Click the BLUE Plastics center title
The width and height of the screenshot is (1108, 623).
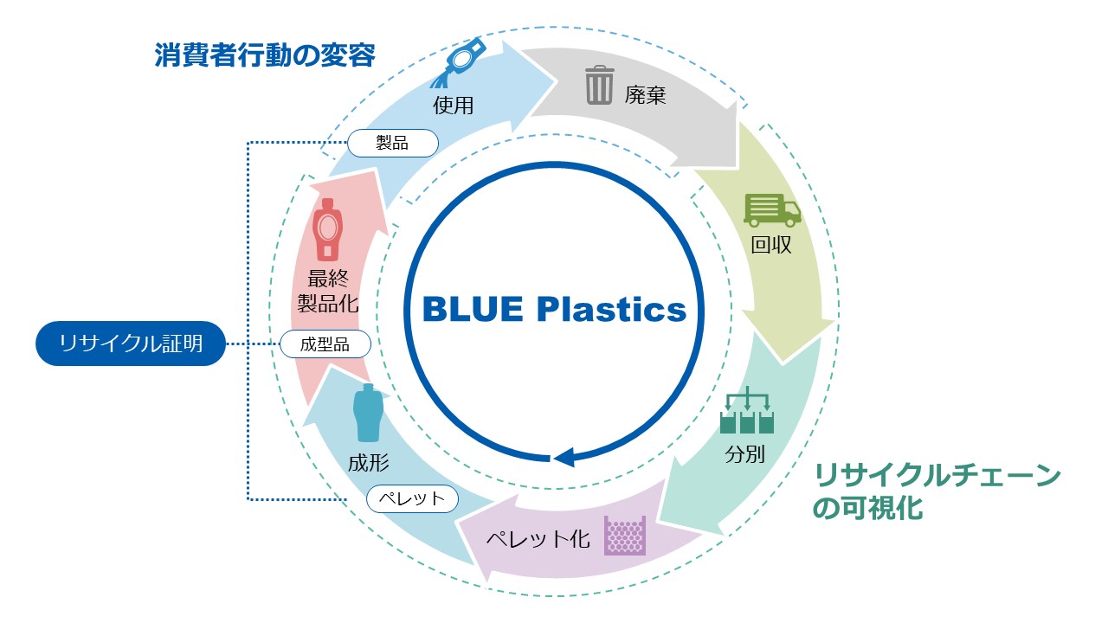coord(554,309)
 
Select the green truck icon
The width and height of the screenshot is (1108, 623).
coord(771,210)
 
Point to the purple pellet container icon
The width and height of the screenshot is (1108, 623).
coord(625,536)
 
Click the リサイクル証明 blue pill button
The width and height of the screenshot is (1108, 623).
coord(131,344)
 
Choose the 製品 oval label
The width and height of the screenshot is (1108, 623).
coord(392,143)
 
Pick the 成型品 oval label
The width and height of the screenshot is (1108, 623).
coord(325,344)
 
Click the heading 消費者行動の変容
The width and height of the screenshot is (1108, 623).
coord(265,56)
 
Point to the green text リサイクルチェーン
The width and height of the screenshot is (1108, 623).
coord(937,477)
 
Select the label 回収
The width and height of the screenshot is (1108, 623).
coord(771,245)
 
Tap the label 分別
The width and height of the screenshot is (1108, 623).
coord(744,453)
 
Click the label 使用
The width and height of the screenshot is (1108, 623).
coord(454,106)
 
